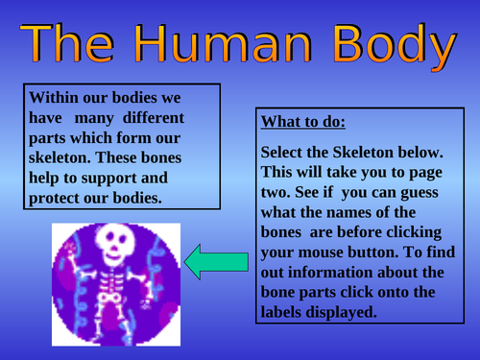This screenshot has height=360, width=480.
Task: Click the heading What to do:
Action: point(304,123)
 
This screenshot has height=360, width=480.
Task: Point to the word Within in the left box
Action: point(55,98)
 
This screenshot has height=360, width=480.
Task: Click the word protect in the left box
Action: point(60,199)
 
